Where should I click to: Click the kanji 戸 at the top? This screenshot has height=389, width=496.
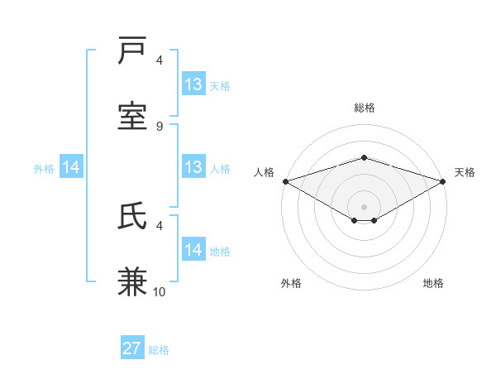[x=133, y=51]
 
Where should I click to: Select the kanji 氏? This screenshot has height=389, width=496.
[x=133, y=217]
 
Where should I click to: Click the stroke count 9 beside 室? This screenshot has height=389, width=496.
[x=160, y=127]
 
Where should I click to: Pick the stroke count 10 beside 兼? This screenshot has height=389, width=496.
[x=160, y=292]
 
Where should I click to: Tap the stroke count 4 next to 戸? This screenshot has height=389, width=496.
[x=160, y=60]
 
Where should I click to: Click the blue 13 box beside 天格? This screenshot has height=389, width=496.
[x=193, y=84]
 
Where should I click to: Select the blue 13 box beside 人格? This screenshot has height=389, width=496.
[x=193, y=167]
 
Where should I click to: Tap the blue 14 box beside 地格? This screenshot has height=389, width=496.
[x=193, y=250]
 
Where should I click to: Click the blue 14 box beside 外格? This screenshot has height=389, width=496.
[x=72, y=167]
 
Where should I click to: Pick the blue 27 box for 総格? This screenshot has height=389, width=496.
[x=132, y=348]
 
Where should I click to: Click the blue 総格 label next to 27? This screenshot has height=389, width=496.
[x=159, y=350]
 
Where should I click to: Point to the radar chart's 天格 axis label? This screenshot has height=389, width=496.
[x=465, y=172]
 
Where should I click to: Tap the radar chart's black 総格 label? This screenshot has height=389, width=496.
[x=364, y=108]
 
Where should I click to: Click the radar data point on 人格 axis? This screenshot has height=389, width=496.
[x=285, y=180]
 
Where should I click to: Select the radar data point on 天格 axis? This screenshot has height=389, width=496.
[x=443, y=180]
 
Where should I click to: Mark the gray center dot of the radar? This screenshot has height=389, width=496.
[x=364, y=206]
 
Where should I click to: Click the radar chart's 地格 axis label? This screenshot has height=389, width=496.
[x=433, y=283]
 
